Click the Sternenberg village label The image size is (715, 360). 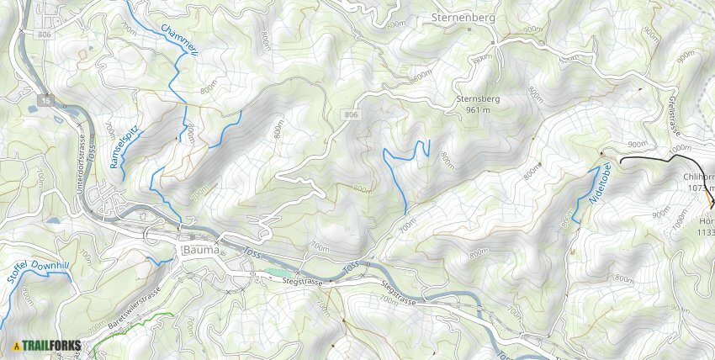(x=463, y=16)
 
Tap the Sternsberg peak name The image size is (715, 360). (x=478, y=98)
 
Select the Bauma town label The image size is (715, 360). (x=200, y=251)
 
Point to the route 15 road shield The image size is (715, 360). (x=42, y=101)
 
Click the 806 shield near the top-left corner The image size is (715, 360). (x=45, y=33)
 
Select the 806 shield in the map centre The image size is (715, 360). (x=351, y=113)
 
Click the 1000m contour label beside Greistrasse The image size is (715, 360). (x=679, y=149)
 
